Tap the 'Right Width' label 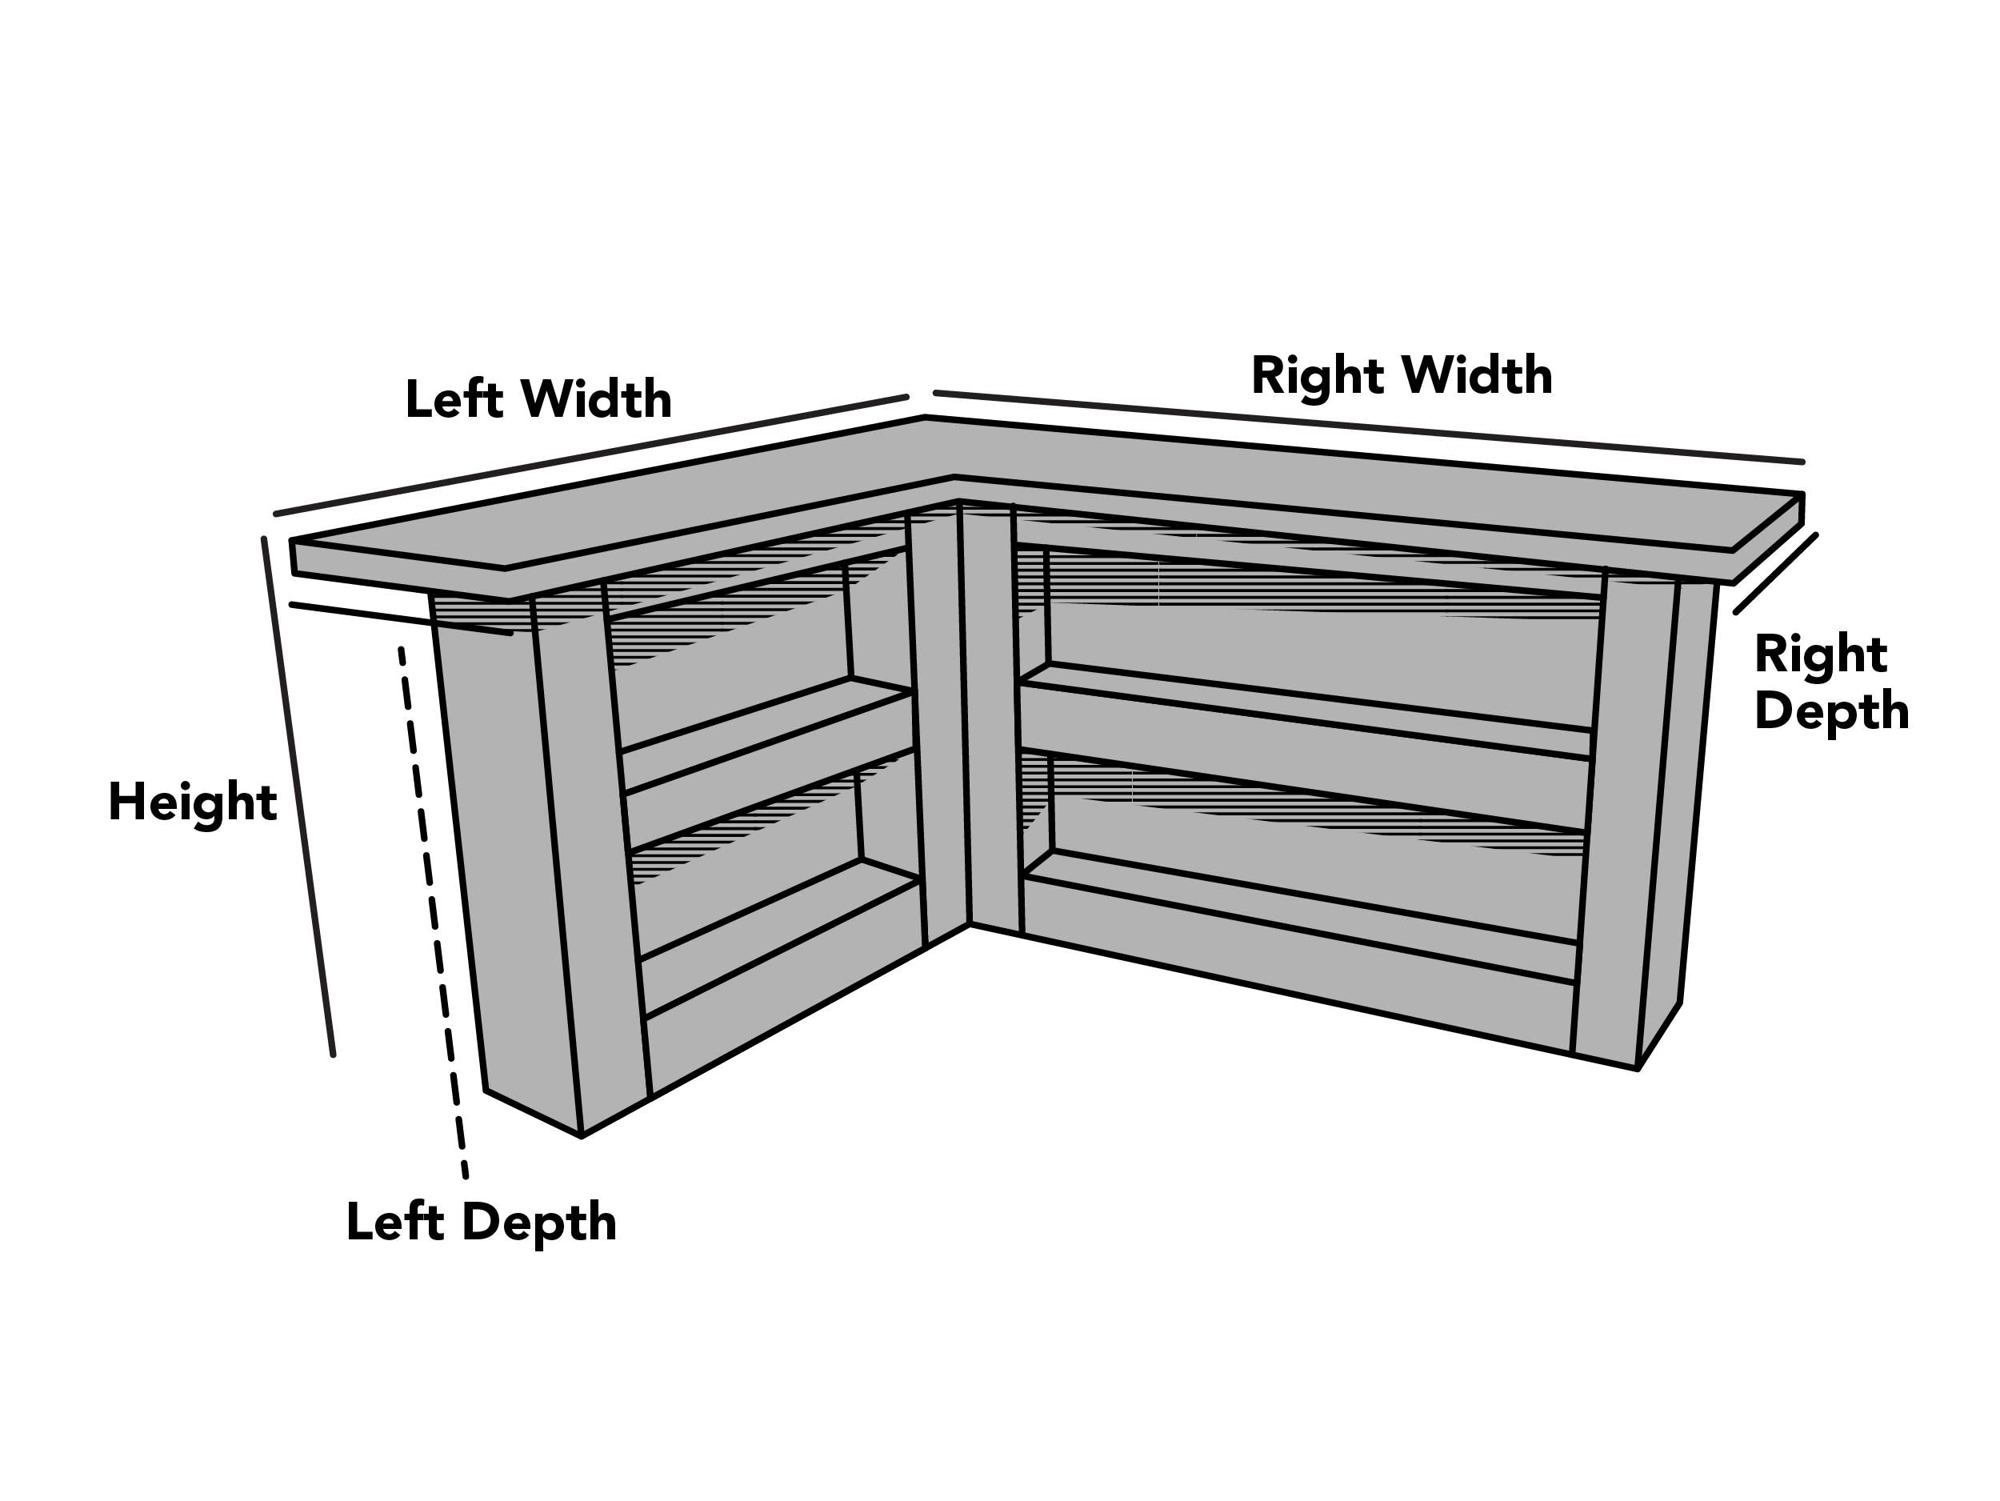tap(1402, 376)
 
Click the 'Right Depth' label tap(1831, 682)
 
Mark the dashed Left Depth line tap(433, 912)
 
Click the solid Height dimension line tap(298, 797)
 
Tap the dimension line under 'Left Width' tap(591, 454)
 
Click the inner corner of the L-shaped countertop tap(954, 477)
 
